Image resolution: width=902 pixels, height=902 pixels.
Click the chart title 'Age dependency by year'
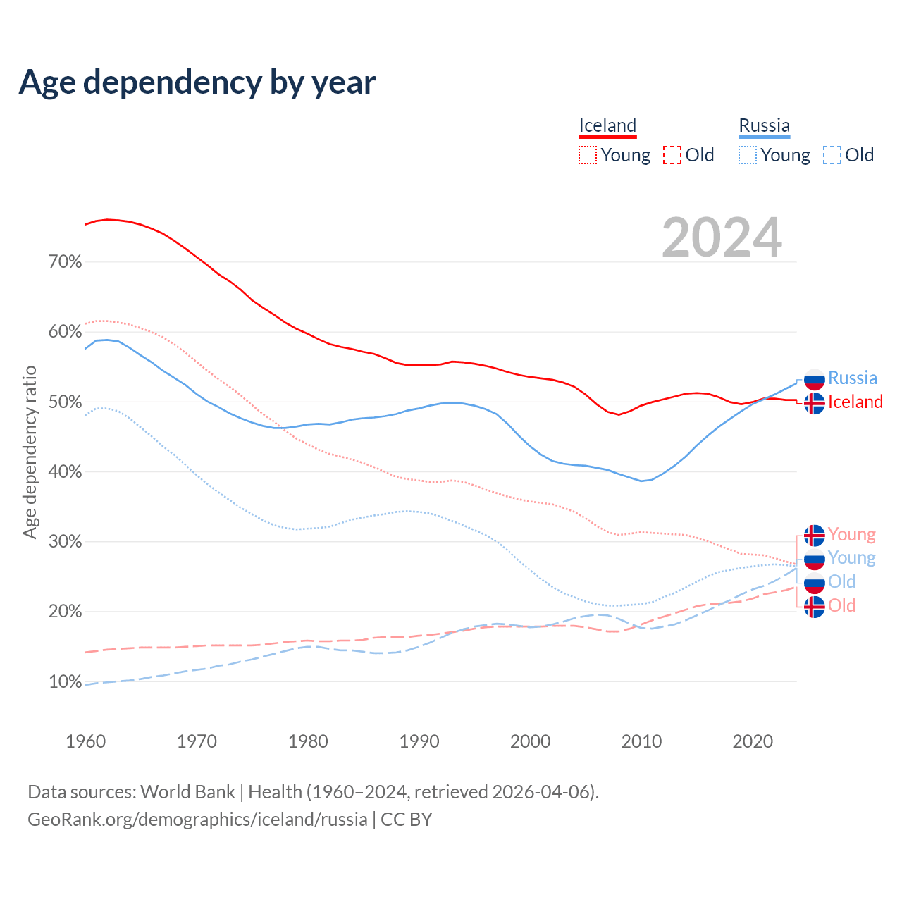197,82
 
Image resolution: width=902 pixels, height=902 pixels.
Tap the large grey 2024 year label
722,237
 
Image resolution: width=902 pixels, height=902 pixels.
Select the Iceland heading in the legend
607,125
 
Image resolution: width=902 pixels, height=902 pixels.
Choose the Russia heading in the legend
764,125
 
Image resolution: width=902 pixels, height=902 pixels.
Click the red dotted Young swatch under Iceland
588,155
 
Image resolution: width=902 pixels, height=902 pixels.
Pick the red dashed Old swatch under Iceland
672,155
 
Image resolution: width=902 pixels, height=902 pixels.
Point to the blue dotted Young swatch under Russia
748,155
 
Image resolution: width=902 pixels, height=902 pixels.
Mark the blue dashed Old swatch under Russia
832,155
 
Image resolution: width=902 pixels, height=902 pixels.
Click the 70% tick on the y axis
66,262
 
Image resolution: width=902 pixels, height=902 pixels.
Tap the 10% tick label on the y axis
66,681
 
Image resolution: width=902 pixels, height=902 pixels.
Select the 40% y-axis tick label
66,472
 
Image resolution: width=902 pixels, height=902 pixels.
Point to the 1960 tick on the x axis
86,741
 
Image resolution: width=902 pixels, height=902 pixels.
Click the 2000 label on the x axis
531,741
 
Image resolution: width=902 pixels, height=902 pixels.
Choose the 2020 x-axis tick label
753,741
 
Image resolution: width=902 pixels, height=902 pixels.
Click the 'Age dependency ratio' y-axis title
30,452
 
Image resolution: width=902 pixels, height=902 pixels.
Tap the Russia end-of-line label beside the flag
853,378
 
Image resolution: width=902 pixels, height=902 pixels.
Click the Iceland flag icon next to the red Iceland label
815,403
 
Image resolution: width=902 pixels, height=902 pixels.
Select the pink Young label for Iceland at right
852,535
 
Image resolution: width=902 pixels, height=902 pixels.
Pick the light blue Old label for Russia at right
841,582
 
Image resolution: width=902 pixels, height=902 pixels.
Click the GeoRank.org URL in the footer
197,820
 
